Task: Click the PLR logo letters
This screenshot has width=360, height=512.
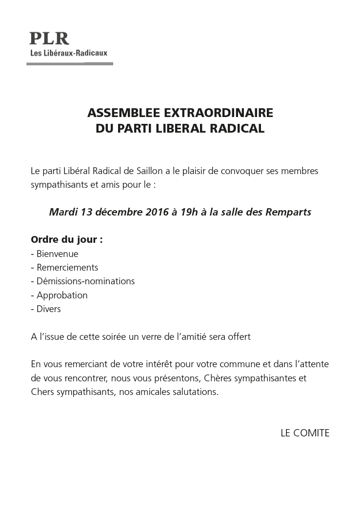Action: pos(49,39)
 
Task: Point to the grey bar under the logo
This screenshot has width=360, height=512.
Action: pos(70,63)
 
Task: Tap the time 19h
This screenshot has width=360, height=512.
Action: pos(191,213)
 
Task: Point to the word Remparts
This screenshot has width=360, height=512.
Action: pos(288,213)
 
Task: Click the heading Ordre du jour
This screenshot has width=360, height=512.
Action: pos(67,240)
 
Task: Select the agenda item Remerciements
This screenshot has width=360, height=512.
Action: pos(67,268)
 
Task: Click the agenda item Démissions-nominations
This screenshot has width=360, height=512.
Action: pos(85,281)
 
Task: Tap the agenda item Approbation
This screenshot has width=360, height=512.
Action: pos(61,295)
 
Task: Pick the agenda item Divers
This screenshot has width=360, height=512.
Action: pos(48,309)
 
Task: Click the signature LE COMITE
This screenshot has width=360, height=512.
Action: pos(305,433)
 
